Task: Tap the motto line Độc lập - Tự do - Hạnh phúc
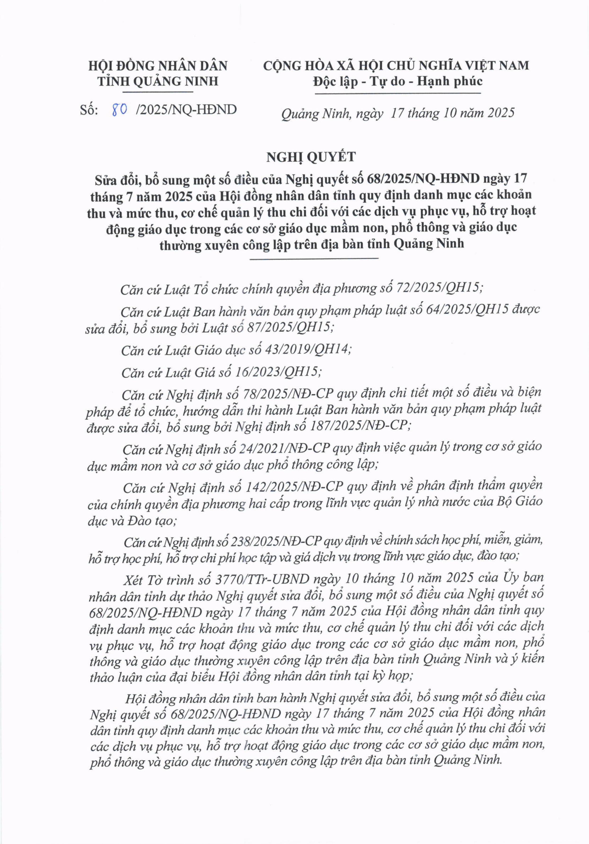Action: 398,81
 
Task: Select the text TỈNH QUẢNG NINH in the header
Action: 158,81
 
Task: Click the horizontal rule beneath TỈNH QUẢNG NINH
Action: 158,91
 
